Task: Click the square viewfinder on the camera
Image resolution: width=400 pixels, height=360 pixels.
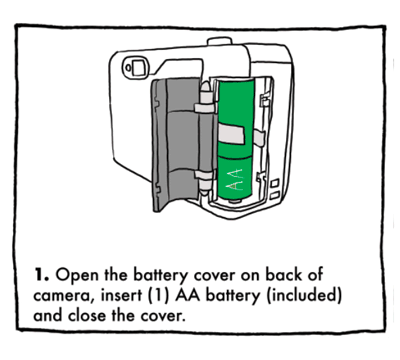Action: click(x=139, y=68)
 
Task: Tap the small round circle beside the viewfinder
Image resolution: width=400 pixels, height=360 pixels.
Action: click(x=128, y=68)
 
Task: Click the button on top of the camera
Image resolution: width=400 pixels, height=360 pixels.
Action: click(x=219, y=41)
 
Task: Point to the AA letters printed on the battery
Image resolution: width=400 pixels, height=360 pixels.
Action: click(x=234, y=179)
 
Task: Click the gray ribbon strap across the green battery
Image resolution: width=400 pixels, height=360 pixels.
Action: click(x=231, y=133)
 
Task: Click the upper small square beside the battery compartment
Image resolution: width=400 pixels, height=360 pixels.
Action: click(x=275, y=184)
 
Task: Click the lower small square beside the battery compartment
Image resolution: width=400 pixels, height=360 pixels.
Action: click(x=274, y=195)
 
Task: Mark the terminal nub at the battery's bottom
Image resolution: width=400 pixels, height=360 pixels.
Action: click(x=234, y=201)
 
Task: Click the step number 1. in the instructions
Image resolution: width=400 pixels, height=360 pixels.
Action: click(x=41, y=275)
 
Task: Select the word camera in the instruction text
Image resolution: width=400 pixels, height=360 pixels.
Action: click(x=63, y=296)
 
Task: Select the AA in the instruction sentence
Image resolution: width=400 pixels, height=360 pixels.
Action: click(x=188, y=296)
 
